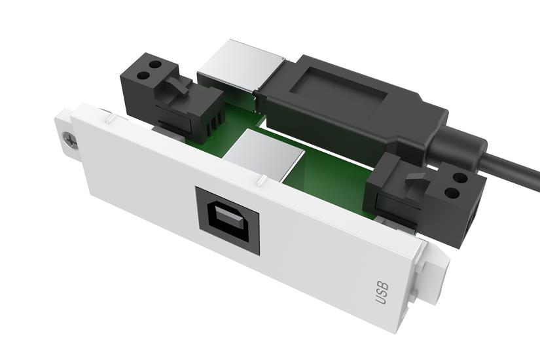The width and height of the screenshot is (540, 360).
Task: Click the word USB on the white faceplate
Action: click(382, 292)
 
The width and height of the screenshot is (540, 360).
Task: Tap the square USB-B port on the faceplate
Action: click(228, 221)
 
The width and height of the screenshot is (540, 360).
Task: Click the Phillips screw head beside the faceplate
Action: click(68, 140)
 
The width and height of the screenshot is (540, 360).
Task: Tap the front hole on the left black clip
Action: click(143, 73)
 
